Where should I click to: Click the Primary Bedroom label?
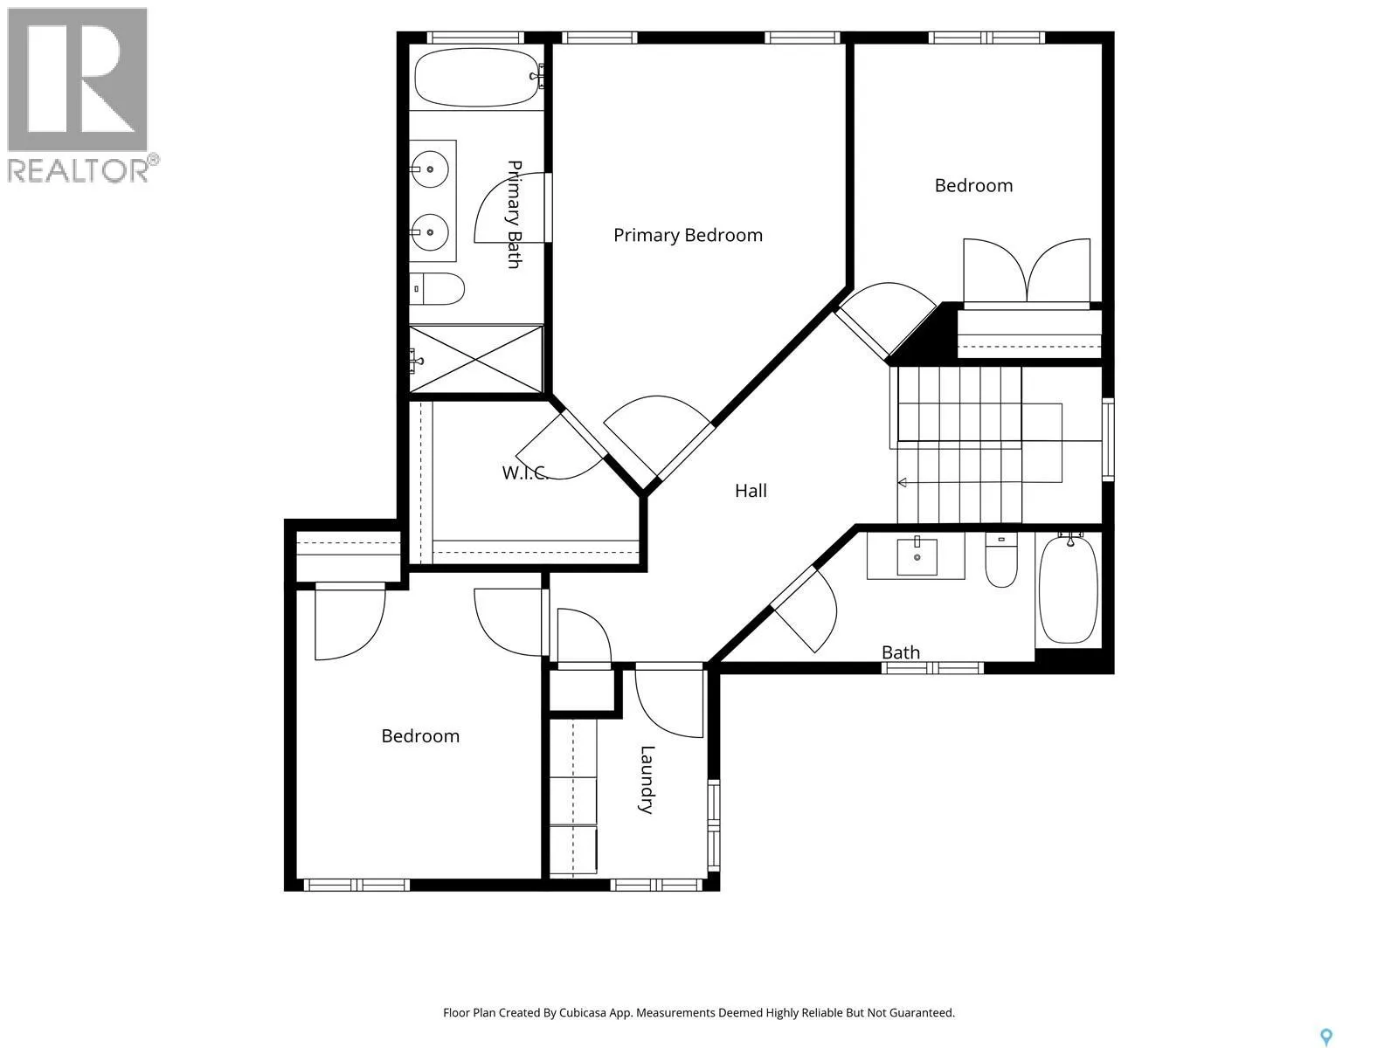coord(688,236)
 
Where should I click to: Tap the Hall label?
coord(751,491)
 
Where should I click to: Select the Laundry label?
coord(647,780)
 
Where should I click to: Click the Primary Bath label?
coord(514,215)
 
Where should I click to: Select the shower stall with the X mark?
coord(476,360)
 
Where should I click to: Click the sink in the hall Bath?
coord(917,557)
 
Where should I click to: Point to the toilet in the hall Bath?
coord(1001,560)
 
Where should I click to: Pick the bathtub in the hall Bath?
coord(1069,589)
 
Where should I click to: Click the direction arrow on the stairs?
coord(902,483)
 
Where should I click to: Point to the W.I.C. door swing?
coord(560,445)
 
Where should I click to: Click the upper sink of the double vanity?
coord(430,170)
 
